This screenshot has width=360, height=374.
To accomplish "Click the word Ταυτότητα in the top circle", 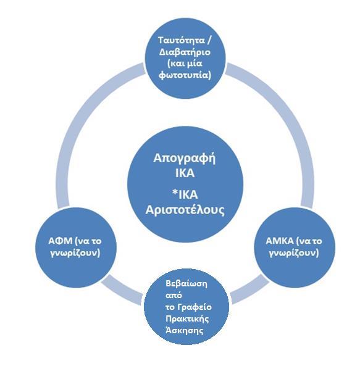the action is [x=182, y=40].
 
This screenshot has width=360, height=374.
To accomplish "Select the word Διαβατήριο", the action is [x=185, y=52].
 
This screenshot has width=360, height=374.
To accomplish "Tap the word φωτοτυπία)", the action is [x=185, y=75].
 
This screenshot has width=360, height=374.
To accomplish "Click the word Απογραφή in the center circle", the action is [x=185, y=159].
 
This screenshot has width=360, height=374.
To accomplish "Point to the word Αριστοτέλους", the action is [x=185, y=210].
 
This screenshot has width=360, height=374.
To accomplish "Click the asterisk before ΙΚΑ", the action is [x=175, y=193].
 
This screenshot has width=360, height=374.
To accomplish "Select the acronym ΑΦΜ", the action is [x=61, y=241].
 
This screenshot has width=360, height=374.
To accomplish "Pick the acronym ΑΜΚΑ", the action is [x=280, y=241].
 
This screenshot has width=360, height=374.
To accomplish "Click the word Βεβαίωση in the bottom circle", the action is [x=186, y=284].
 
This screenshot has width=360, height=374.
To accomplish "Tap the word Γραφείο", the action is [x=195, y=307].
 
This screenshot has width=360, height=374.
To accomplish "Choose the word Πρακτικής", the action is [x=187, y=319].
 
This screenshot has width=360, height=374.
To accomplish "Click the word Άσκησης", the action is [x=185, y=331].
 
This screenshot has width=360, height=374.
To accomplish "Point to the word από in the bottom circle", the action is [x=174, y=296].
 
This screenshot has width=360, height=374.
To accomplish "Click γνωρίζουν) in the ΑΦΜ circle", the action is [x=75, y=253].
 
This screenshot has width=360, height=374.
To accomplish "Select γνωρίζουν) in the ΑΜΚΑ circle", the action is [x=294, y=253].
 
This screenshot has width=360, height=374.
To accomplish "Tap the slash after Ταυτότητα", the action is [x=209, y=40].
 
